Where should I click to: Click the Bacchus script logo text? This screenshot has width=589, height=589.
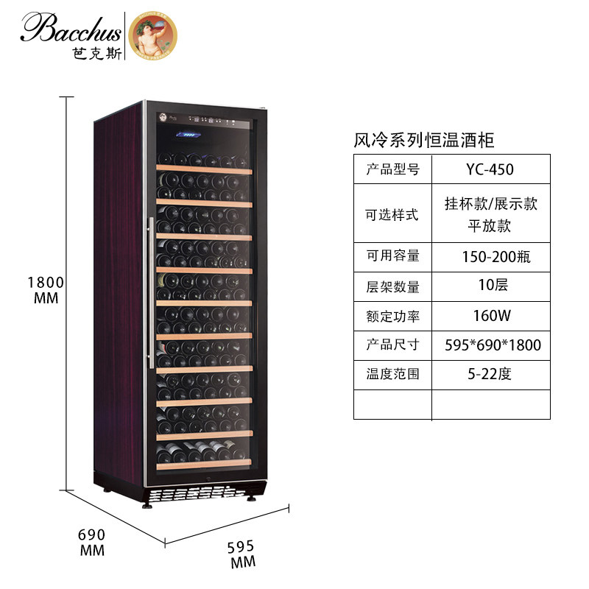(71, 27)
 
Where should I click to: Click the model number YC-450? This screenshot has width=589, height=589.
(490, 169)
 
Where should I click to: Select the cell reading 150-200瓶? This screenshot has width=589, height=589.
(490, 256)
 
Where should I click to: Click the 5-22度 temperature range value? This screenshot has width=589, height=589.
(490, 374)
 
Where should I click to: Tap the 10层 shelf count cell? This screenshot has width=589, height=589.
(490, 286)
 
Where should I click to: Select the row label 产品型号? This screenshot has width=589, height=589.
(392, 169)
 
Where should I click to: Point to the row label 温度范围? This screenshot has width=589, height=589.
(392, 374)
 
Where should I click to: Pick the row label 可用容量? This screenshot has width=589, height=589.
(392, 256)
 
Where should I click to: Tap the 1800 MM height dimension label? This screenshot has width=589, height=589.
(46, 290)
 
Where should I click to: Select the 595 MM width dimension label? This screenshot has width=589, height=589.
(241, 554)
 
